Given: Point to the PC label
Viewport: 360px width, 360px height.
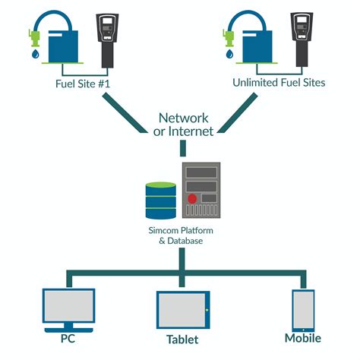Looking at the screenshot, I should tap(68, 338).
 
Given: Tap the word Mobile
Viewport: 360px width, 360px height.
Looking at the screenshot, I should tap(302, 338).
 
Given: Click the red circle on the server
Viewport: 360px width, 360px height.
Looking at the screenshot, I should tap(193, 199).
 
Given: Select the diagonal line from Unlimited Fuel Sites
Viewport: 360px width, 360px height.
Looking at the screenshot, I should tap(243, 115).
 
